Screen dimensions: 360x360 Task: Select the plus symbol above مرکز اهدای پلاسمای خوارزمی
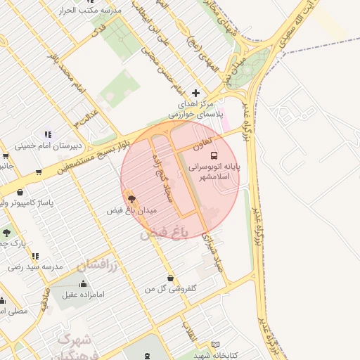195,93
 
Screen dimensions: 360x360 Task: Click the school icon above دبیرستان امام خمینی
48,134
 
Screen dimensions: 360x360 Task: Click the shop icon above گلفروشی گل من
170,278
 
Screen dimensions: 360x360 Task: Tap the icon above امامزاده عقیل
84,283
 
